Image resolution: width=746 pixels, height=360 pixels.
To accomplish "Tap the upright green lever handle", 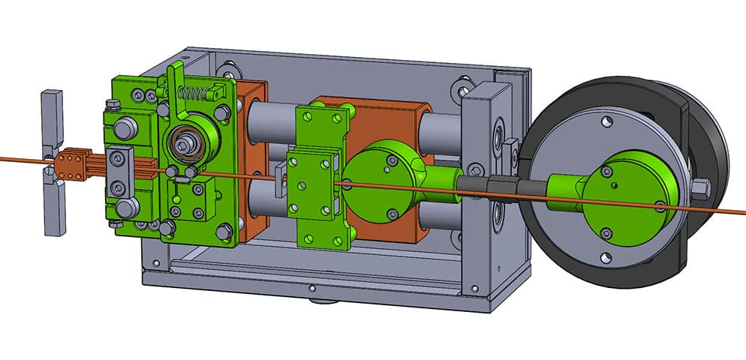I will [x=175, y=83].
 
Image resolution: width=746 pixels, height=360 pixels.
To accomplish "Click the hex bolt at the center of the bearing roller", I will [x=182, y=139].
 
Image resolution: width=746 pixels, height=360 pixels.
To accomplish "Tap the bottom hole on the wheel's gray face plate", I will [x=604, y=258].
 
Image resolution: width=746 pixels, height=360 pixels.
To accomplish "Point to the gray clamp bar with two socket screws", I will [x=118, y=172].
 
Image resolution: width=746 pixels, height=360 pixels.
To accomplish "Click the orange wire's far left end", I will [x=3, y=158].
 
